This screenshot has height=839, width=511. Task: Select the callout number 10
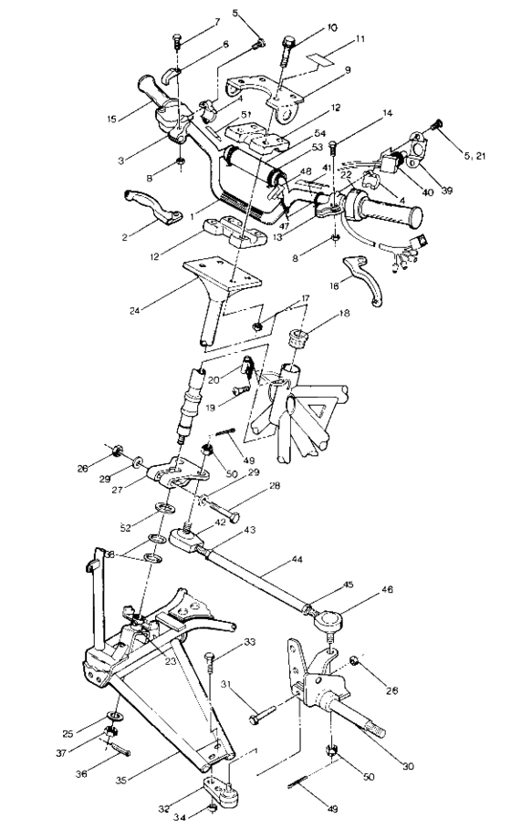[306, 28]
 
